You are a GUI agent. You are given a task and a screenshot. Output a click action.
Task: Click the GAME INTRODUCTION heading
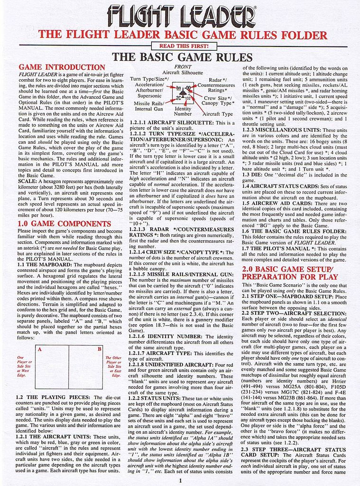click(62, 67)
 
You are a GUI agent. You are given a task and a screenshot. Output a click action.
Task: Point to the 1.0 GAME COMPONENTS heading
click(64, 223)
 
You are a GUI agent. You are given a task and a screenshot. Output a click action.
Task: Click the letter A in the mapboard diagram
click(39, 349)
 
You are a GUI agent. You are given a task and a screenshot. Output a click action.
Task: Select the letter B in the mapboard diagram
click(99, 349)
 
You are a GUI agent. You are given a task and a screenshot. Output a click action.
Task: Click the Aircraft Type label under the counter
click(218, 114)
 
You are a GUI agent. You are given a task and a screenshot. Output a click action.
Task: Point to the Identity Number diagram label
click(183, 112)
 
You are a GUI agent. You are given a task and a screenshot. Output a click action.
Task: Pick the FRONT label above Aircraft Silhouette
click(183, 67)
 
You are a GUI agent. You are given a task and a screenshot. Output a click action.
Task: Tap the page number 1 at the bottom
click(181, 480)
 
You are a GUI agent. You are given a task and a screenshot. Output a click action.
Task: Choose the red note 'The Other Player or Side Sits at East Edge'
click(113, 366)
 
